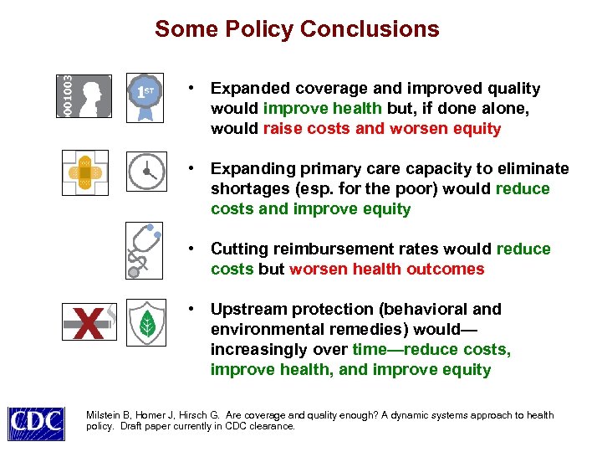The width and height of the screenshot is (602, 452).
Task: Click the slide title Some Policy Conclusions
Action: coord(297,29)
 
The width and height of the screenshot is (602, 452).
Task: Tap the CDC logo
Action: coord(36,422)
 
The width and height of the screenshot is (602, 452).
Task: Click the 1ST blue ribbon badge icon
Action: coord(145,94)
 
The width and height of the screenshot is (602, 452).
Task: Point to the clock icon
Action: coord(145,172)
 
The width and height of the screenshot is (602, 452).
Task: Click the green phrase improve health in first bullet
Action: coord(323,109)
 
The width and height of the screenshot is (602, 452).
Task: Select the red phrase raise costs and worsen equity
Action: coord(382,129)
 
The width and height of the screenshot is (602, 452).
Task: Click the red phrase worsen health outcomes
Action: coord(386,270)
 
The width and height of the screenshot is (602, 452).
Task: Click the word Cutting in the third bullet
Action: coord(237,249)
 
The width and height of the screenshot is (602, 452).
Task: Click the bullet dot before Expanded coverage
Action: coord(192,88)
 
